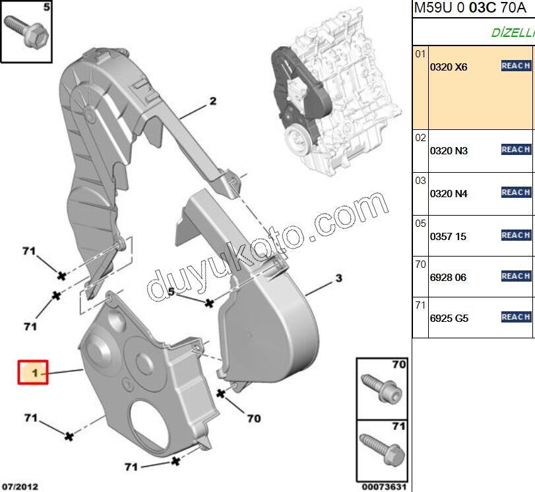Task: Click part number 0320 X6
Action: [448, 67]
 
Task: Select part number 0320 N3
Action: [449, 151]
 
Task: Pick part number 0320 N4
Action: [449, 194]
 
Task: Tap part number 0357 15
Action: [448, 236]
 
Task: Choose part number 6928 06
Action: [448, 278]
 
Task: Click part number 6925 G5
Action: [449, 319]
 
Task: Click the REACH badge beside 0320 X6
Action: [516, 65]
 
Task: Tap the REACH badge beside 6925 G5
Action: [516, 317]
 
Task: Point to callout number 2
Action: [213, 102]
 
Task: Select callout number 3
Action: [338, 278]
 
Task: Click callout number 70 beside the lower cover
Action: [254, 418]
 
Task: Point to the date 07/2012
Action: [19, 487]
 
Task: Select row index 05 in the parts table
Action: [420, 224]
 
